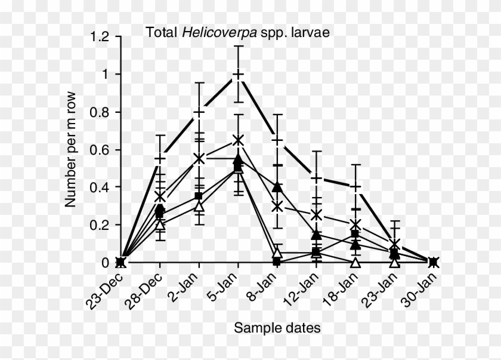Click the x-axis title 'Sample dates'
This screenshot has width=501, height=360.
coord(277,327)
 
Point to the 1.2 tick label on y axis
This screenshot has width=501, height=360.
coord(100,37)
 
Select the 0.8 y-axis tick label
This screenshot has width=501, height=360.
coord(100,112)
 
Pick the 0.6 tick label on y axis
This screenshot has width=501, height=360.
coord(100,150)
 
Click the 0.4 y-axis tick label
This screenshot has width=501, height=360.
coord(100,187)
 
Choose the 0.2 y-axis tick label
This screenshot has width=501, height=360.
coord(100,225)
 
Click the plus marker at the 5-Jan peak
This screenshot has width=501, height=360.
coord(238,75)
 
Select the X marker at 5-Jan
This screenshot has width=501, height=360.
coord(238,140)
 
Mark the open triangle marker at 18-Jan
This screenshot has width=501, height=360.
coord(356,262)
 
